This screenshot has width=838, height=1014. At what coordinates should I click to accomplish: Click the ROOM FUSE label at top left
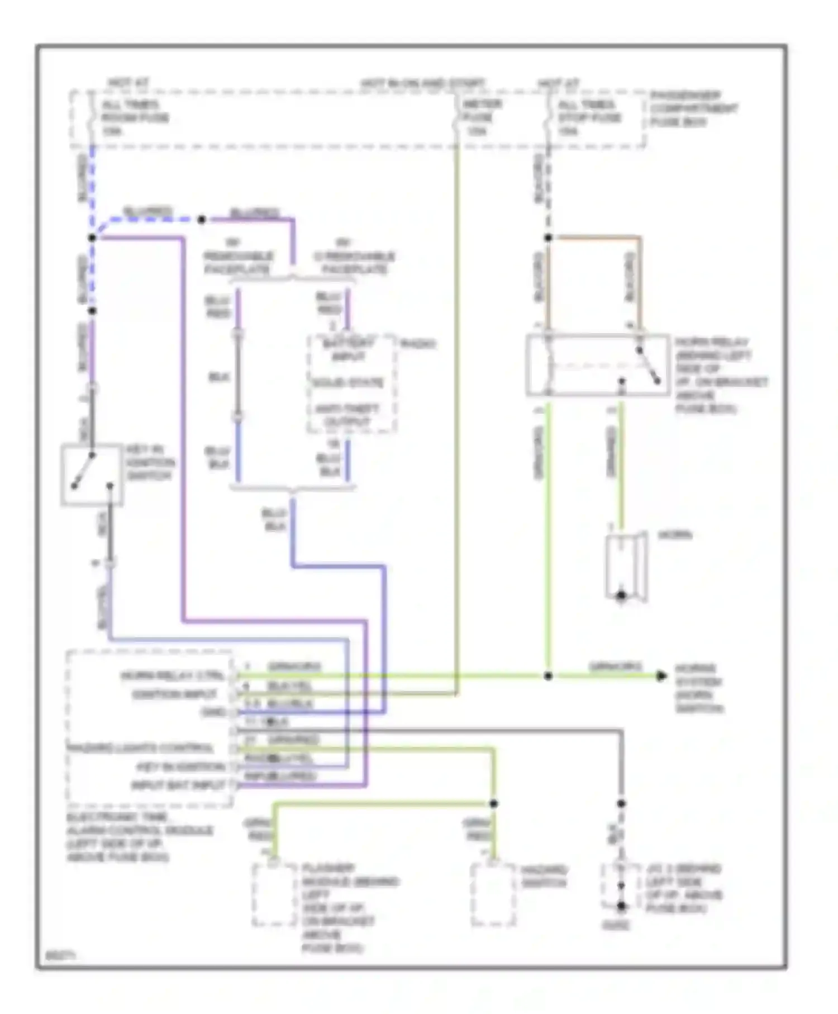tap(134, 118)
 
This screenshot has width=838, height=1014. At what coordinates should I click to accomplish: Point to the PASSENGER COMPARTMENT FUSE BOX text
tap(693, 108)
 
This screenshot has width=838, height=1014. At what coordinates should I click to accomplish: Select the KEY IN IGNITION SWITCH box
tap(92, 475)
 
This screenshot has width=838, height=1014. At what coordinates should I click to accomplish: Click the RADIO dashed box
tap(351, 383)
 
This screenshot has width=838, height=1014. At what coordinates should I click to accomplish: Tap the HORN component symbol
tap(626, 567)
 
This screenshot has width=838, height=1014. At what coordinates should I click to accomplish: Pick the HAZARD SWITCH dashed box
tap(493, 894)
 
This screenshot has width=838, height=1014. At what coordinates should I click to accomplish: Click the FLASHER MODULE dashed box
tap(274, 894)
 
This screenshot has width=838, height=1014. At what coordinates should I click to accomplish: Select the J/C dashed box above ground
tap(620, 886)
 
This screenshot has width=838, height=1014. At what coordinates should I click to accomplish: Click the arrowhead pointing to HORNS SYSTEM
tap(661, 676)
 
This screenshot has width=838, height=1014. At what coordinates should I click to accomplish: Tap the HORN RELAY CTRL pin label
tap(172, 676)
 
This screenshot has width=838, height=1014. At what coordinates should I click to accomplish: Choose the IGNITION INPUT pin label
tap(174, 694)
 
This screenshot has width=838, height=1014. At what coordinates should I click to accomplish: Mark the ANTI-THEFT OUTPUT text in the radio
tap(347, 415)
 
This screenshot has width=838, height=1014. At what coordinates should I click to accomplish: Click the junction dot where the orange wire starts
tap(548, 238)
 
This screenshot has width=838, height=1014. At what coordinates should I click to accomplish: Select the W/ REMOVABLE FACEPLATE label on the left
tap(237, 257)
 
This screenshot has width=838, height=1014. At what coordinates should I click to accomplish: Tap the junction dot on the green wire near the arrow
tap(548, 676)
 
